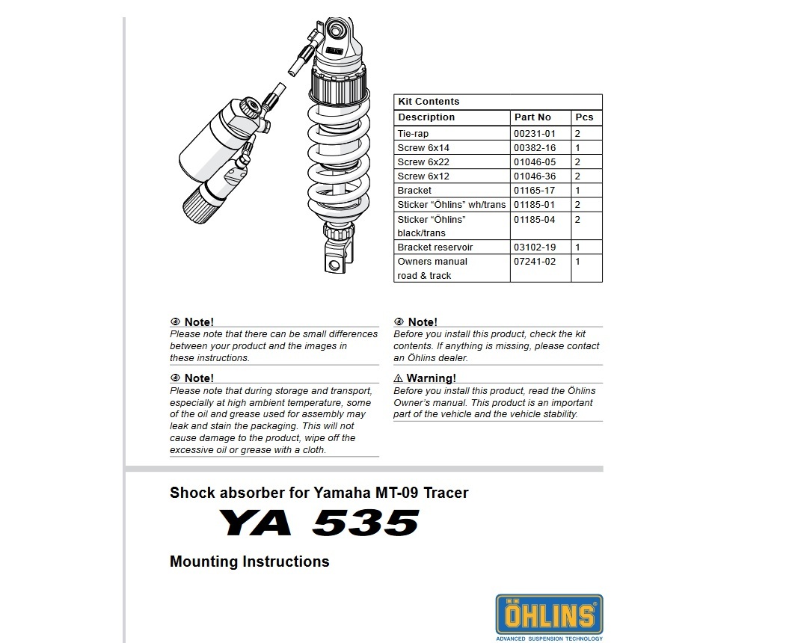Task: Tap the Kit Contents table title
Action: click(429, 102)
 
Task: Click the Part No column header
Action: click(532, 117)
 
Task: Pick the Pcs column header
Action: click(584, 117)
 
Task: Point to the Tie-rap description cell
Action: click(413, 134)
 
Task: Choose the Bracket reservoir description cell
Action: click(435, 247)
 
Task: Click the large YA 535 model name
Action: click(319, 523)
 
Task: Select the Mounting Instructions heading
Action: click(249, 562)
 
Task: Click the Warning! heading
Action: click(431, 378)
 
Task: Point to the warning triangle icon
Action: click(399, 378)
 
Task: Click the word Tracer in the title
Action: click(446, 493)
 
